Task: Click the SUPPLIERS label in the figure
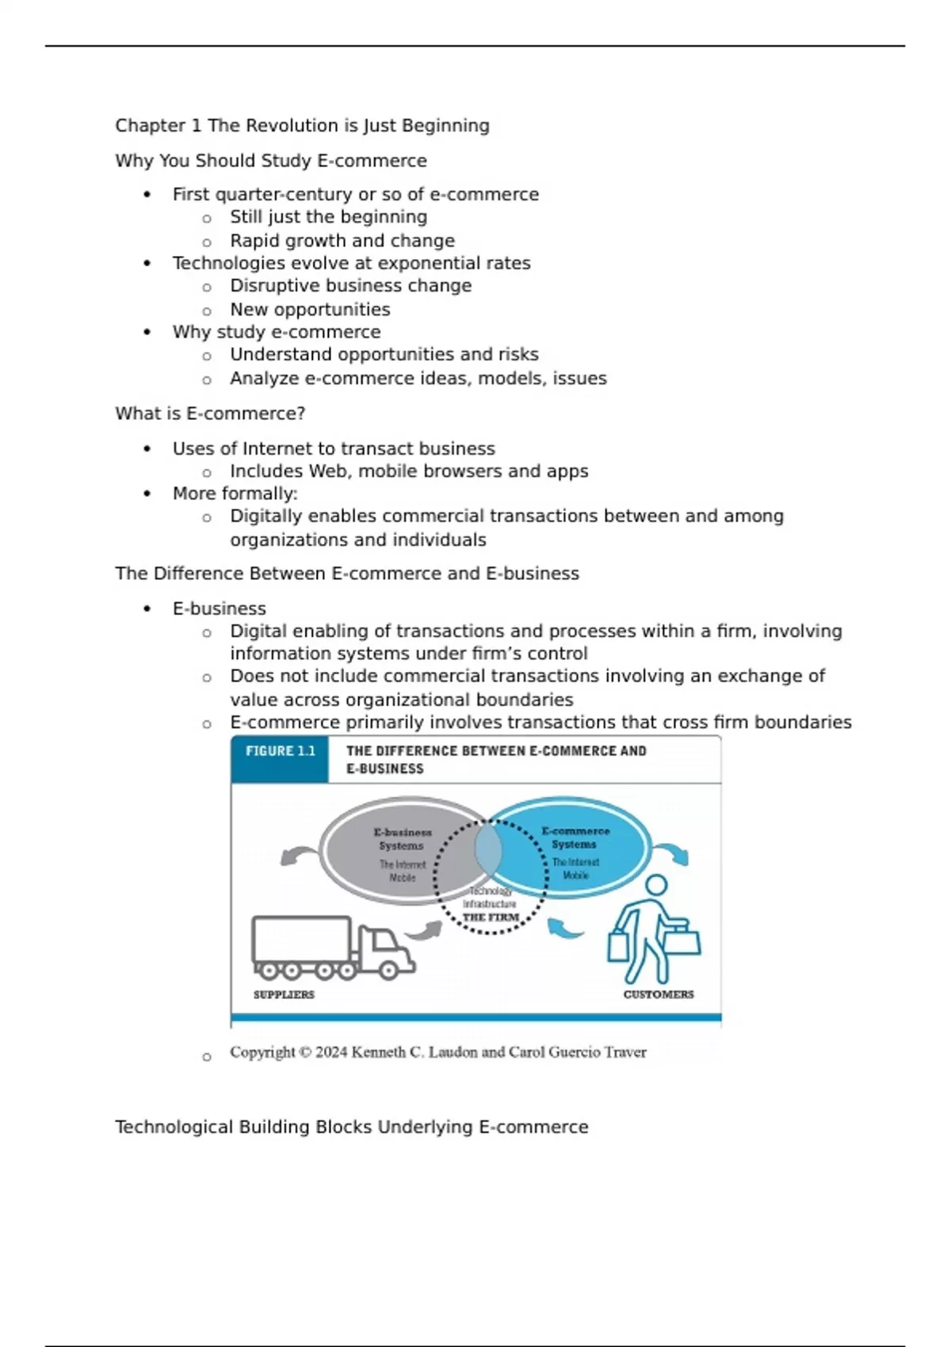pyautogui.click(x=284, y=994)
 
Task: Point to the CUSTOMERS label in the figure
pyautogui.click(x=658, y=994)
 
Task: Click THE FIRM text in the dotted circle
pyautogui.click(x=491, y=918)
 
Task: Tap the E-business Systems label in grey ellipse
pyautogui.click(x=403, y=839)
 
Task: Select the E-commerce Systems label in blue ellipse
pyautogui.click(x=575, y=838)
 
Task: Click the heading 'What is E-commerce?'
pyautogui.click(x=210, y=414)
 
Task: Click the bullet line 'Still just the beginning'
pyautogui.click(x=328, y=217)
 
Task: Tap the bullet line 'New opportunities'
pyautogui.click(x=310, y=310)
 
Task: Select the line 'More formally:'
pyautogui.click(x=235, y=494)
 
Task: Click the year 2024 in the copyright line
pyautogui.click(x=331, y=1052)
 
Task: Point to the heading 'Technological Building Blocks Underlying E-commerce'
pyautogui.click(x=351, y=1127)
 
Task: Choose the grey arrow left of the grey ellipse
pyautogui.click(x=298, y=856)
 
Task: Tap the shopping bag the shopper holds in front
pyautogui.click(x=682, y=941)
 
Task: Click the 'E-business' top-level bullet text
pyautogui.click(x=219, y=609)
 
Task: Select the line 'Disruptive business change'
pyautogui.click(x=350, y=286)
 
